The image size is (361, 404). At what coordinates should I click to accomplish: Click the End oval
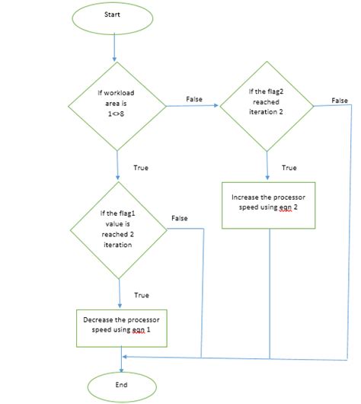(120, 385)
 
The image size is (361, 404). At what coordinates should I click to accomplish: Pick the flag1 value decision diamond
(119, 229)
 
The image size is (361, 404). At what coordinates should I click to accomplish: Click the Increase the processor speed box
(270, 204)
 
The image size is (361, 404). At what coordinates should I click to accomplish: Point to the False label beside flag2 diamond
(340, 101)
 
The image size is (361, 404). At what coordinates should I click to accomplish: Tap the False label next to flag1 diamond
(180, 218)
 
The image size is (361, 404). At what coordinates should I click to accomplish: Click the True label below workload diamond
(140, 167)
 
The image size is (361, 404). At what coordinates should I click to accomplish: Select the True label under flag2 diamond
(289, 167)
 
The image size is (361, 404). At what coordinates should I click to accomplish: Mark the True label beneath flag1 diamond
(141, 294)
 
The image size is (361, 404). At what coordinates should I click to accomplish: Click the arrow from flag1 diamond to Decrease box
(120, 293)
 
